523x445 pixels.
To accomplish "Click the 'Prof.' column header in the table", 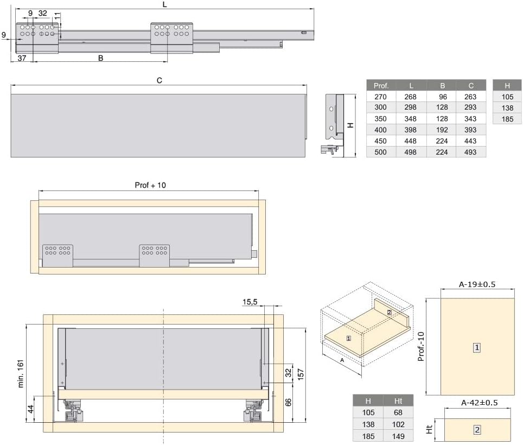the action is pos(381,86).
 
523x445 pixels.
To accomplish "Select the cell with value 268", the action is pos(410,97).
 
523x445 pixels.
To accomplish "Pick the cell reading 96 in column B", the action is pos(443,97).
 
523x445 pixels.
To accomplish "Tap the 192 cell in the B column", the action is pos(442,130).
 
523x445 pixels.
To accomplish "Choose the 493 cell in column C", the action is pos(470,152).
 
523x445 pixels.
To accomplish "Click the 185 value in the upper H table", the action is pos(507,119).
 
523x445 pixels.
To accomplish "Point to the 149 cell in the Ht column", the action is pos(398,436).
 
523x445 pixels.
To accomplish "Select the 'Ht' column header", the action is pos(398,401).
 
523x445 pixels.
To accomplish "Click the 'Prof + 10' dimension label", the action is pos(150,185).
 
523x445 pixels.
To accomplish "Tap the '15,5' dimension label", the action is pos(250,302).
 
